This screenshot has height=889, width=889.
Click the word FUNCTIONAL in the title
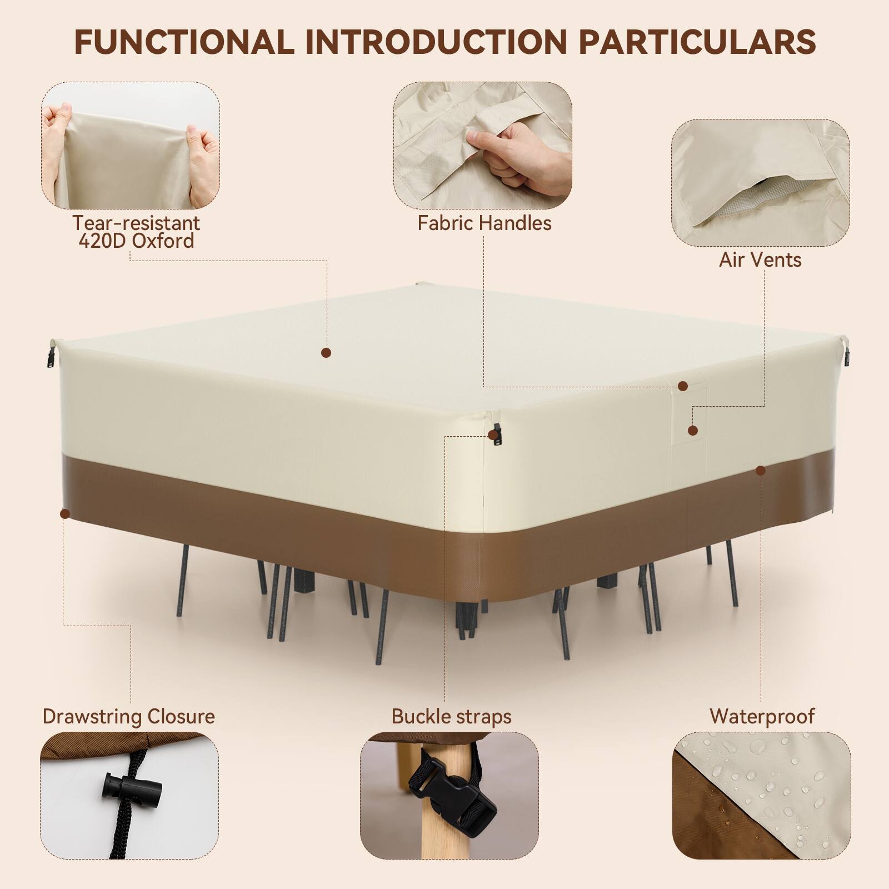[x=184, y=41]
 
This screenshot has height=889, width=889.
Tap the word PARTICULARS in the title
[x=697, y=41]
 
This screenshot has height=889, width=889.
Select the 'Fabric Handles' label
[x=484, y=223]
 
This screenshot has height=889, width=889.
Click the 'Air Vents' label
[x=760, y=259]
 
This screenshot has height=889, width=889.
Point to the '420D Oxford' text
[x=136, y=241]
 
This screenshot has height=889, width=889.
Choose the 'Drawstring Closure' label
[x=128, y=716]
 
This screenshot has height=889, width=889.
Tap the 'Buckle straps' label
[x=451, y=716]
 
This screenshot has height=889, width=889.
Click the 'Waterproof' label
[x=762, y=716]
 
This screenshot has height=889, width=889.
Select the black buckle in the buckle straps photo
[x=444, y=786]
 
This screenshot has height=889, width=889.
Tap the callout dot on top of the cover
[x=326, y=352]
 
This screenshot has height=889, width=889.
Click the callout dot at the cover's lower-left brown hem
[x=65, y=514]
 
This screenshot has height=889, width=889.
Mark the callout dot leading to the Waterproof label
[x=761, y=471]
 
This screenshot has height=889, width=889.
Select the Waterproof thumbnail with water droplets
[x=762, y=793]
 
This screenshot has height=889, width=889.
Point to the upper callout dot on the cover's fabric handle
[x=683, y=386]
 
